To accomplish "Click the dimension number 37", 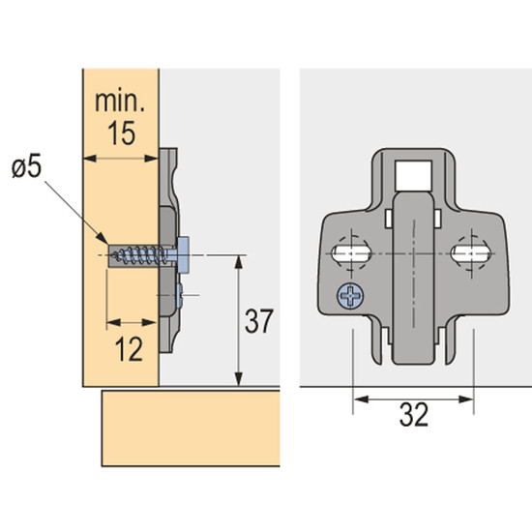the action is point(258,320).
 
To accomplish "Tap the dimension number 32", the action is point(414,414).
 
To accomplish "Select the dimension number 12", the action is point(129,349).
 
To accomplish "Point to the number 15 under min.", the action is point(122,133).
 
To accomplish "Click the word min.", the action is point(120,102).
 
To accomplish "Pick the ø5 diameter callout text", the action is point(26,167).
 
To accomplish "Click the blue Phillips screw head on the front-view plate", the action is point(350,296).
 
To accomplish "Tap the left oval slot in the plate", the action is point(351,253).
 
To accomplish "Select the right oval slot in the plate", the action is point(470,253).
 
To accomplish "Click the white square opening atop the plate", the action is point(413,176).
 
